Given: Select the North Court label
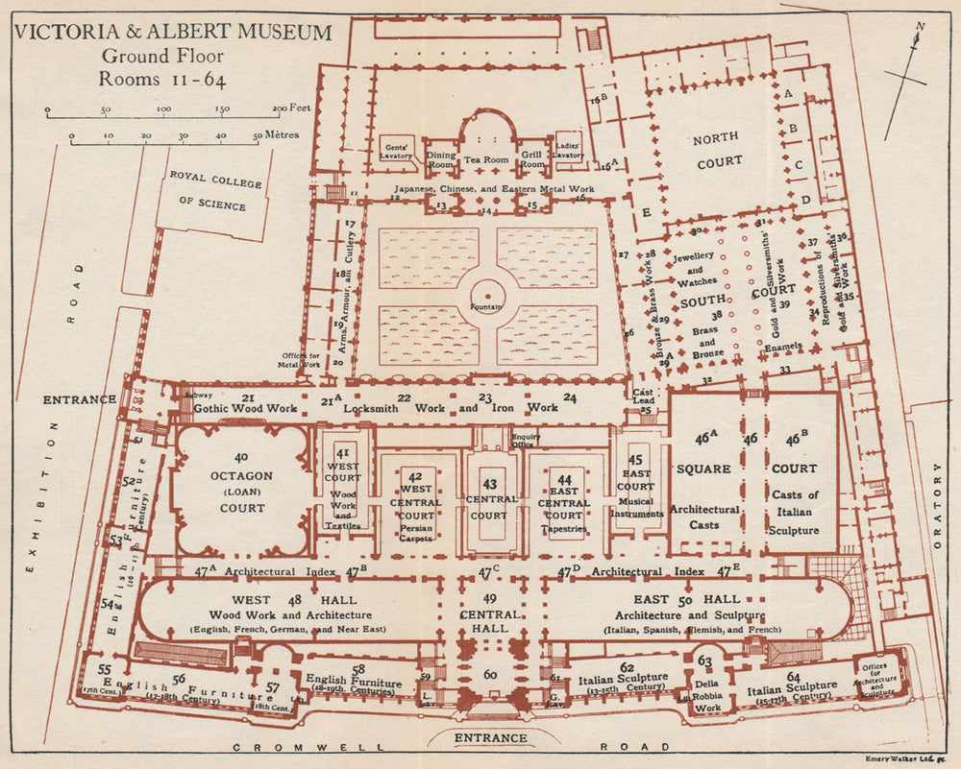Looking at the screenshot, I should (719, 151).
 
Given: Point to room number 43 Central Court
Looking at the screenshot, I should (489, 499).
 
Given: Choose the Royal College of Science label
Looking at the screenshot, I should (209, 191).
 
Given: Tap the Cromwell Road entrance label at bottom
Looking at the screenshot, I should (491, 737).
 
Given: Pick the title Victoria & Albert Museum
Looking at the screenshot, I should (173, 33).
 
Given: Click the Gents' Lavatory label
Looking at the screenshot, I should (398, 148).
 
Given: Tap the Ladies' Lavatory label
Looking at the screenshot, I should (568, 148).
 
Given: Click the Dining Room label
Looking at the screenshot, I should (441, 159).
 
